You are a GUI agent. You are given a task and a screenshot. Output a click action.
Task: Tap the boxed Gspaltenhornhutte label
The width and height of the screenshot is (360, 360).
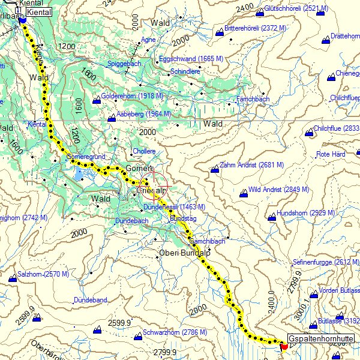click(320, 340)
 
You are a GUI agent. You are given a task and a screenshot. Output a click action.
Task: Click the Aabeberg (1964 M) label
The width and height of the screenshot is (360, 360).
click(143, 113)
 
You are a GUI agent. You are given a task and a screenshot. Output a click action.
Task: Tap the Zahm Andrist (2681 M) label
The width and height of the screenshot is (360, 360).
click(252, 165)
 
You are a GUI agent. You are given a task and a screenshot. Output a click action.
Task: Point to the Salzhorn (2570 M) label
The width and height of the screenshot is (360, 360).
click(43, 274)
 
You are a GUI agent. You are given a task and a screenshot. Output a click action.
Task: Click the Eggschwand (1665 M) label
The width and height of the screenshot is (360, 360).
click(191, 59)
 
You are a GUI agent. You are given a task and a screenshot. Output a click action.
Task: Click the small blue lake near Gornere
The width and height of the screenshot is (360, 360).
click(80, 175)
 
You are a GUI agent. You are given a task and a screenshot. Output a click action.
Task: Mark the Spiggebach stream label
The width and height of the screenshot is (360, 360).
click(123, 63)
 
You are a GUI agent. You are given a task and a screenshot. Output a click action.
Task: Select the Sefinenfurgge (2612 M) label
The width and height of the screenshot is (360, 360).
click(326, 262)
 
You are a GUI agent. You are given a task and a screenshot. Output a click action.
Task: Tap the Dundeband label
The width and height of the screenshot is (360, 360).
click(90, 299)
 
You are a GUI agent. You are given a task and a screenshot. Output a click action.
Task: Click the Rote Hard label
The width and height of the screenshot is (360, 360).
click(331, 154)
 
